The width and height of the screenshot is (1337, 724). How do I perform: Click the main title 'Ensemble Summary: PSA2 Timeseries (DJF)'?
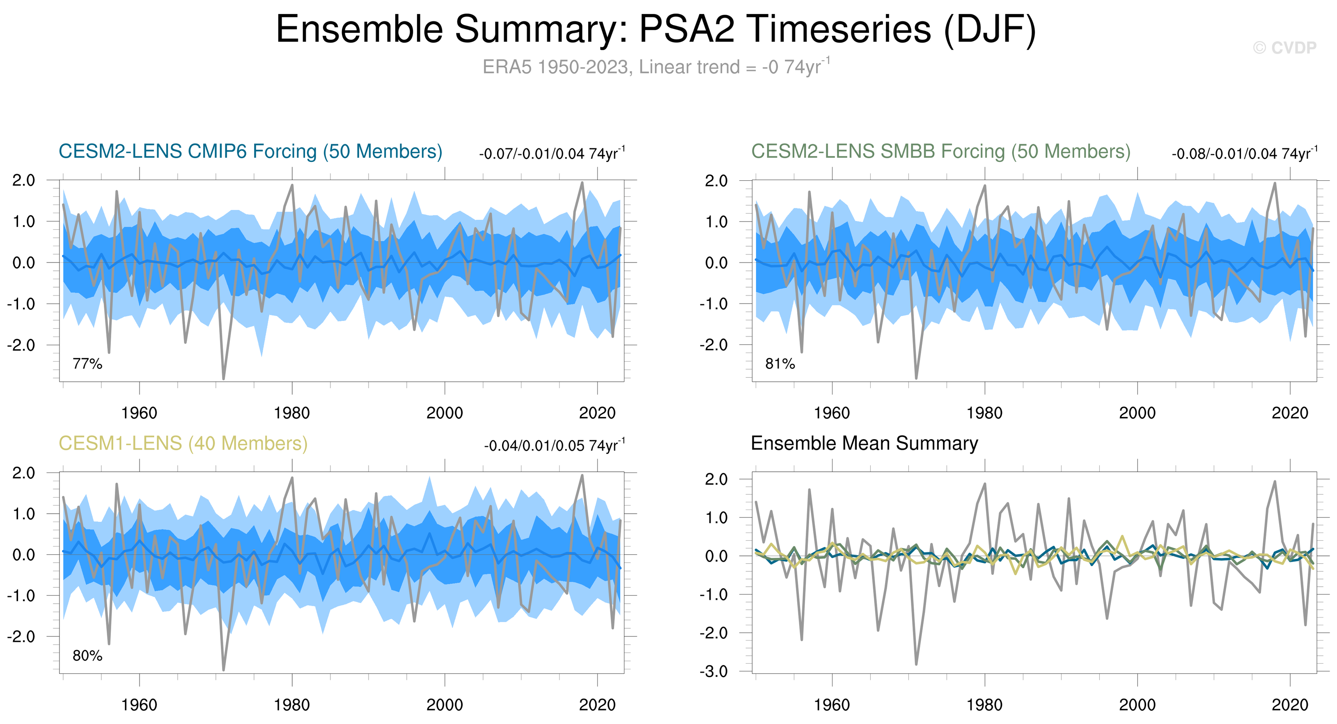tap(656, 29)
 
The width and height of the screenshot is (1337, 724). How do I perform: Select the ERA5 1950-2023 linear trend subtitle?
tap(656, 67)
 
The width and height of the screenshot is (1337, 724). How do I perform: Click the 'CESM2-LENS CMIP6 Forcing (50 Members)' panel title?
tap(250, 152)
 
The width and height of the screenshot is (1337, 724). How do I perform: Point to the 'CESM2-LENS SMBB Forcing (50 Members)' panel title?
tap(940, 152)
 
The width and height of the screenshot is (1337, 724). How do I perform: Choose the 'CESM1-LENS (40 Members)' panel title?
tap(183, 443)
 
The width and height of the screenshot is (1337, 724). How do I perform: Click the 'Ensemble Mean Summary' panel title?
tap(864, 443)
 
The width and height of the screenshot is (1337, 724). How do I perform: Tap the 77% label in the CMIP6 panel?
tap(87, 364)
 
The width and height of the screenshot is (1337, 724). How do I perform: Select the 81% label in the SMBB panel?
tap(780, 364)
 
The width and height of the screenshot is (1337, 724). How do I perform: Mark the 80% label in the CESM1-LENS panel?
tap(87, 656)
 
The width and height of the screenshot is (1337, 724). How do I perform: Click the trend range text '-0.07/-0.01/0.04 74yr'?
tap(551, 154)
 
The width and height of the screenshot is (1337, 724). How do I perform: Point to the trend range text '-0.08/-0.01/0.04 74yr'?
tap(1243, 154)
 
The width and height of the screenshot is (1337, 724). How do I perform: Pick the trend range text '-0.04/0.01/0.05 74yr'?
tap(554, 446)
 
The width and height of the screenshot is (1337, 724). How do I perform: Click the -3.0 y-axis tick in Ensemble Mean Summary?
tap(713, 671)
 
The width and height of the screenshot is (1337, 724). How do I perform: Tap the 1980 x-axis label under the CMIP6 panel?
tap(292, 413)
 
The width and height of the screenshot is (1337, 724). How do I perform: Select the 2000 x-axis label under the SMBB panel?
tap(1137, 413)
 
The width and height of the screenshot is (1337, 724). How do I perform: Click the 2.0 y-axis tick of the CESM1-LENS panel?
tap(23, 473)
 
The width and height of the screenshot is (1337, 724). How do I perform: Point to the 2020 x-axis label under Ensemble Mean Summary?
tap(1290, 705)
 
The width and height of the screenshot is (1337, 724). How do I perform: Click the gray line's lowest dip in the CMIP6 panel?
tap(224, 378)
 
